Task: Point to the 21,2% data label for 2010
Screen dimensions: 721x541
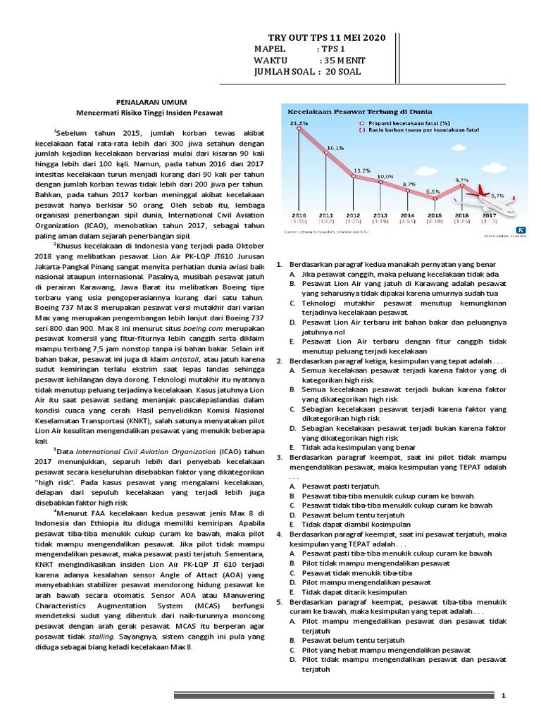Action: click(299, 123)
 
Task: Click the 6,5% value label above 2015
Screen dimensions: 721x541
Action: click(433, 191)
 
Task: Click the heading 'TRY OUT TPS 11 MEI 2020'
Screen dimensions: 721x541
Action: click(328, 37)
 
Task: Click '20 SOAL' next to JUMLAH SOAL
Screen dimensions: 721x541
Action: click(348, 73)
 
